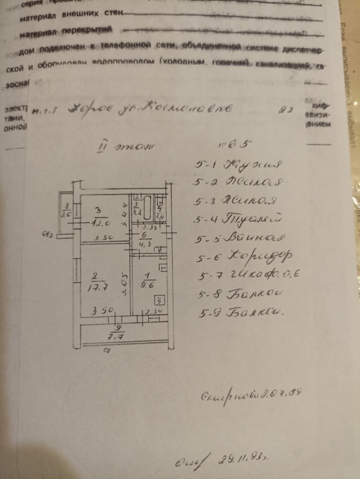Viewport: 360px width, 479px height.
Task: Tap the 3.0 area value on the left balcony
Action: pos(67,214)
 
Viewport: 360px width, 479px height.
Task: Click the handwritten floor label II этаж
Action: pos(124,147)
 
